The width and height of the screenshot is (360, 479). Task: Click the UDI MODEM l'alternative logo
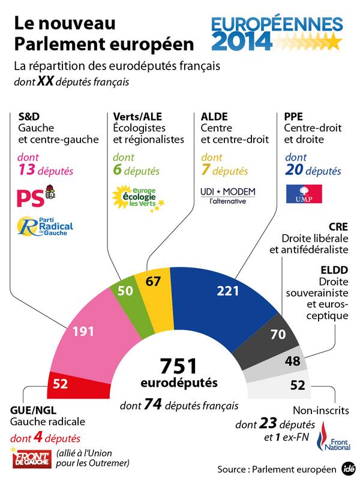(227, 195)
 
